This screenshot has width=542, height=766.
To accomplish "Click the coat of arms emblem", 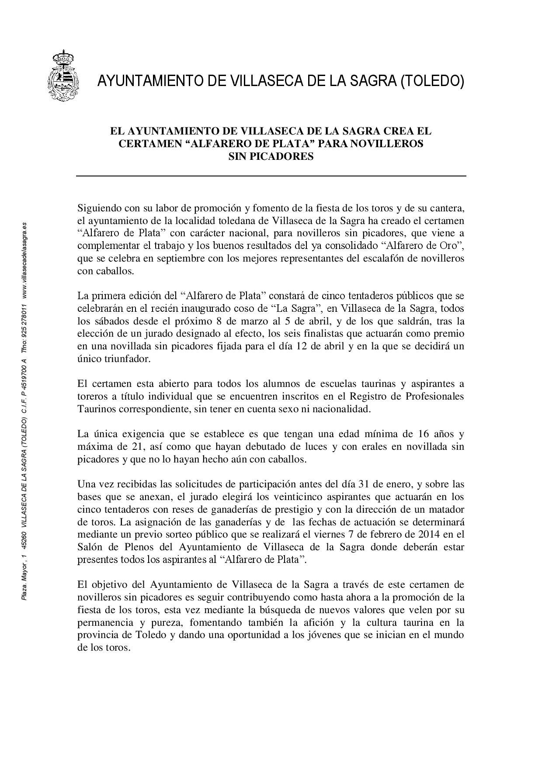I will (63, 76).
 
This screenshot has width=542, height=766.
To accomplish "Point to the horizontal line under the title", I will (271, 176).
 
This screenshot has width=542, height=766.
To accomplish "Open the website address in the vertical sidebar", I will (24, 259).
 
